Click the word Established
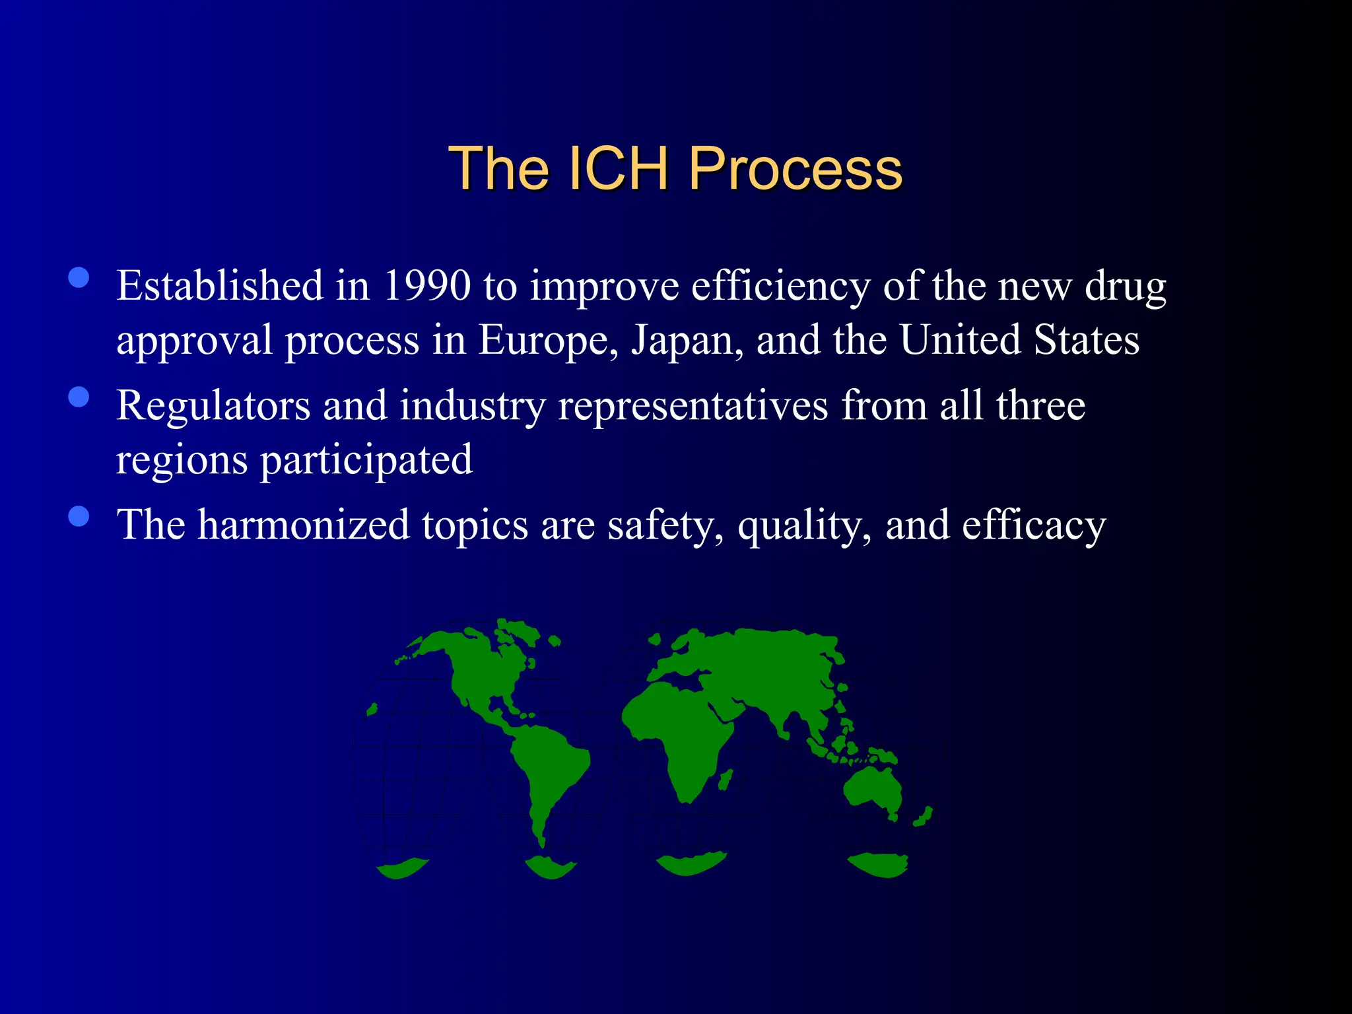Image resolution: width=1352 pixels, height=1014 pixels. coord(220,286)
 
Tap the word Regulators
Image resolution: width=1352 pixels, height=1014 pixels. coord(213,405)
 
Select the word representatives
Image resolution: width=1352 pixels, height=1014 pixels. coord(693,405)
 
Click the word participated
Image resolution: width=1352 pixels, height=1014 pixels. coord(366,460)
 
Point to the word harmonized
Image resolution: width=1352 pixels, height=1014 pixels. coord(304,525)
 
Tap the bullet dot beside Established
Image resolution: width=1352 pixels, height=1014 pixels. coord(79,278)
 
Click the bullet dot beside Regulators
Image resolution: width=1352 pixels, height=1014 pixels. coord(79,397)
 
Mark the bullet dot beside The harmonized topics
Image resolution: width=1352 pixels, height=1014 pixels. coord(79,516)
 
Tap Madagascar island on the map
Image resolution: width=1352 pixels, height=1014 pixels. coord(725,780)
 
